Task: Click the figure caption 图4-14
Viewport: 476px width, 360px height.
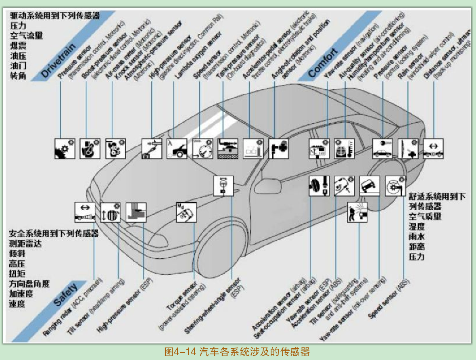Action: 237,351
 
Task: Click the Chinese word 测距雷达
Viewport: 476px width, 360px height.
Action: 25,244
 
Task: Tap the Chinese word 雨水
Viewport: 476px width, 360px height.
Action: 417,237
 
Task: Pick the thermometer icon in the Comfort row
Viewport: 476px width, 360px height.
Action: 344,149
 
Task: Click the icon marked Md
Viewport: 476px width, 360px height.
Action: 186,212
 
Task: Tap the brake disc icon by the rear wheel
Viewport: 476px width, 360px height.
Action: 395,186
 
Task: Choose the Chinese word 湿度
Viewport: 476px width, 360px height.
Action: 417,226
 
